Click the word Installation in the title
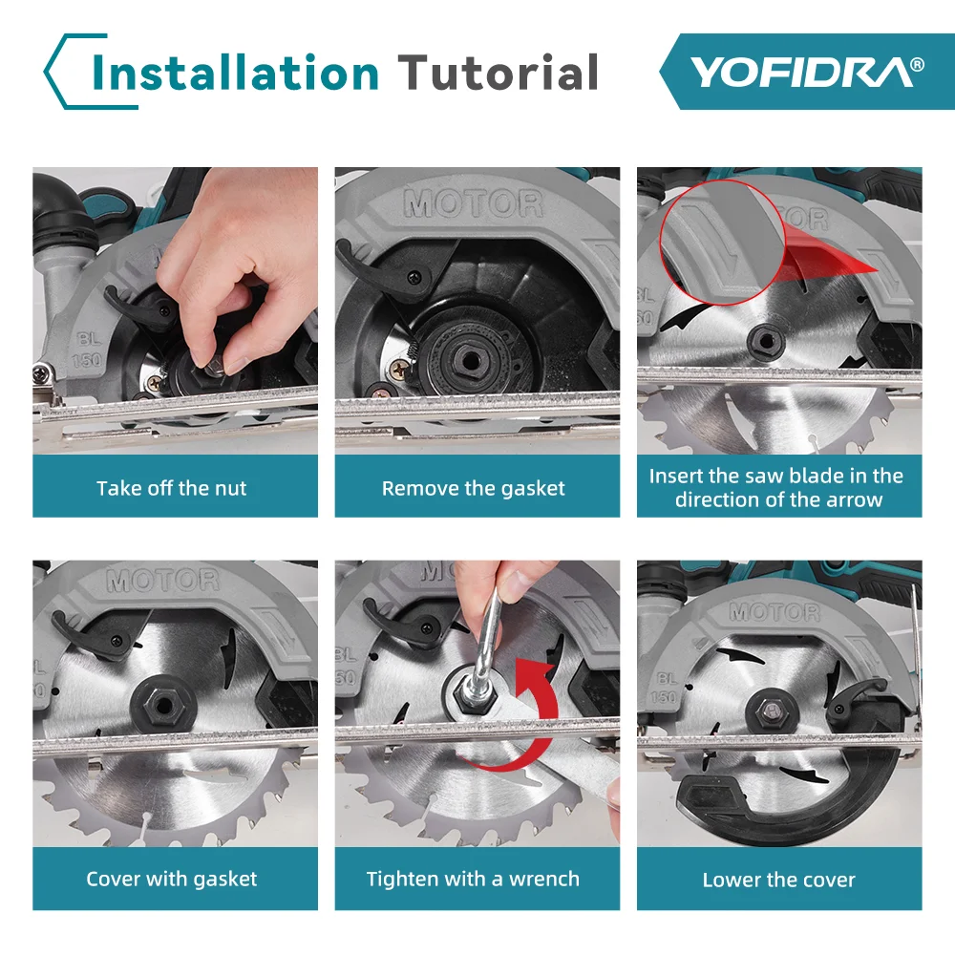[x=235, y=73]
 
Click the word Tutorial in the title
[x=499, y=73]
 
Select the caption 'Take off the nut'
[x=172, y=488]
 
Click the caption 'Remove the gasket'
[x=474, y=488]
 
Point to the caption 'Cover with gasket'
[x=172, y=879]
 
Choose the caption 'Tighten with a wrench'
[x=473, y=879]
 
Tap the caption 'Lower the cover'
[x=779, y=880]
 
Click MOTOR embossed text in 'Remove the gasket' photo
[x=473, y=204]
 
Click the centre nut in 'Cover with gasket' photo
[x=163, y=707]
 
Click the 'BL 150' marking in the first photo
[x=87, y=350]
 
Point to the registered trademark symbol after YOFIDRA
[x=917, y=64]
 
